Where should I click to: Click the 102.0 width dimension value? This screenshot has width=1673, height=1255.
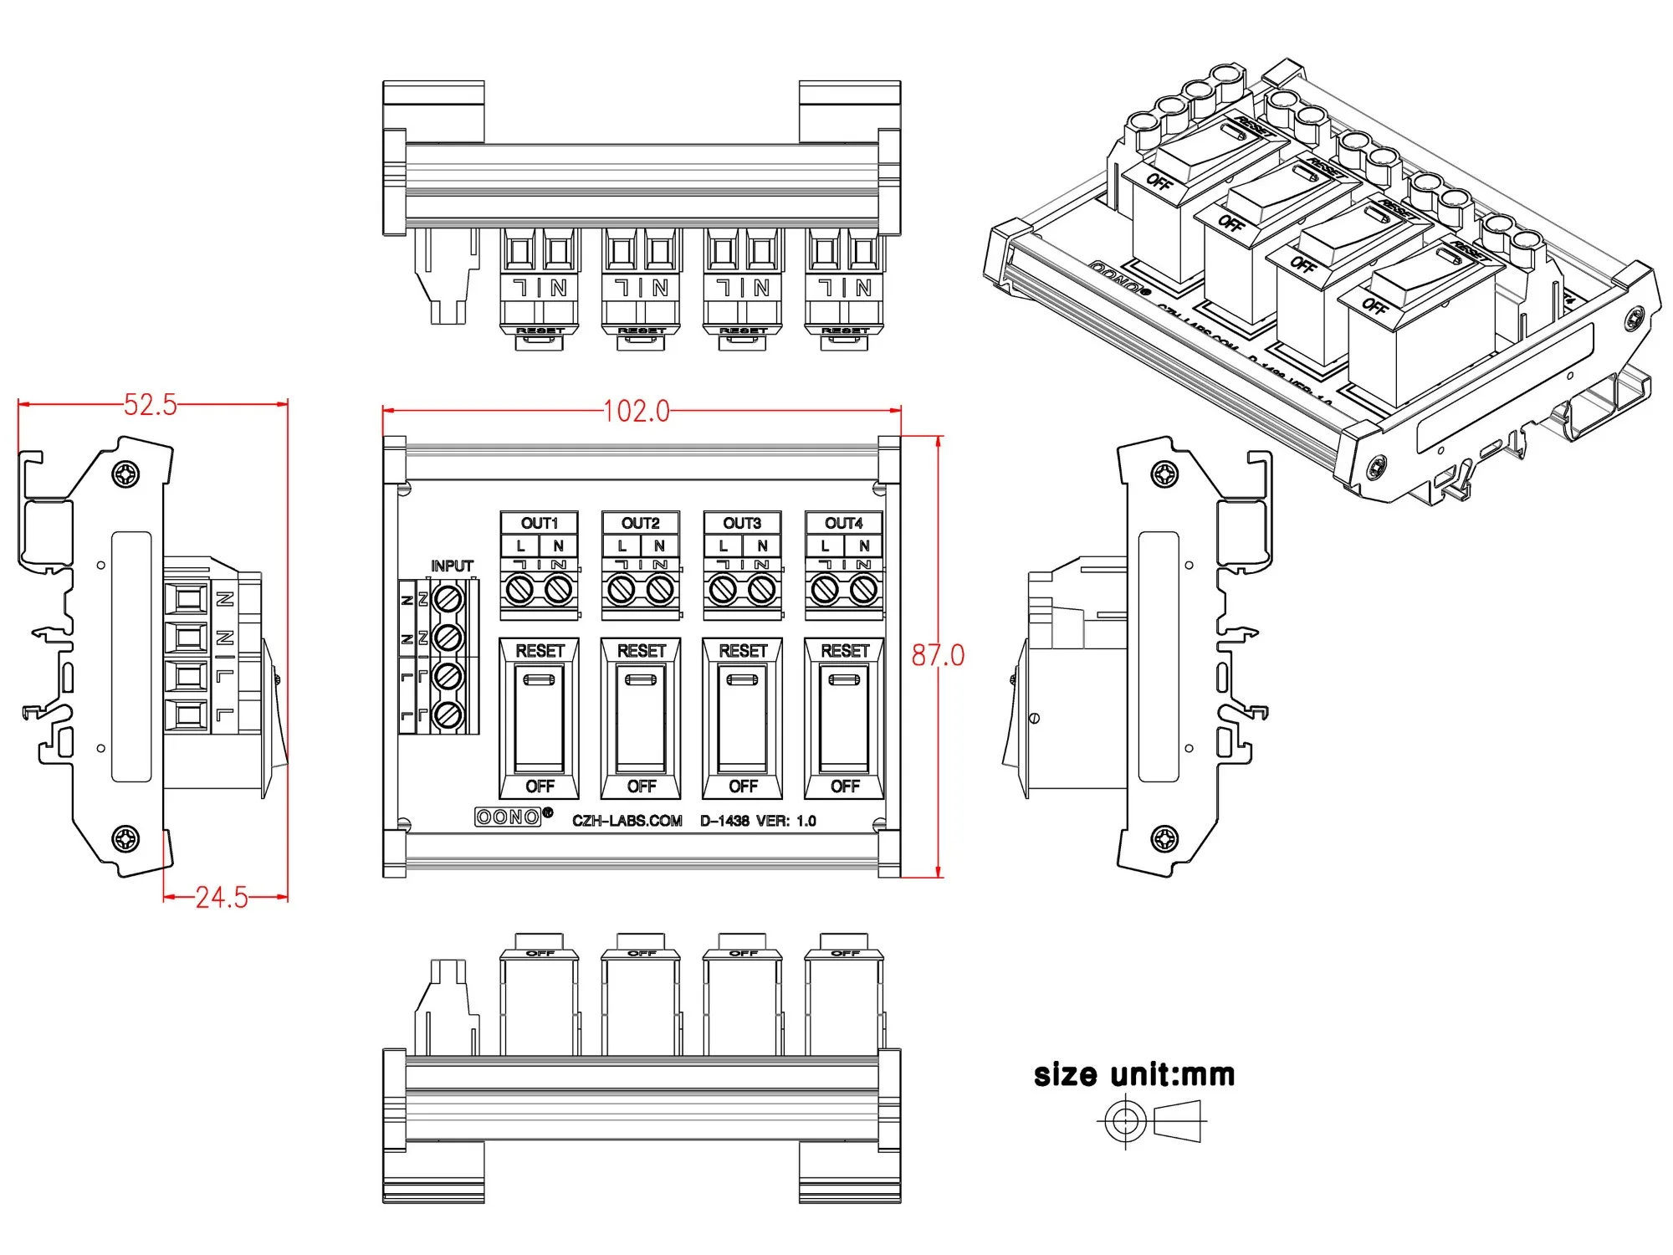(637, 411)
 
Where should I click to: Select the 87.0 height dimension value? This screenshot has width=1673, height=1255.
(938, 655)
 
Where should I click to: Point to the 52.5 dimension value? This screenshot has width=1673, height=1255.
(151, 405)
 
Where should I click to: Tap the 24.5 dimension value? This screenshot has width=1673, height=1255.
(222, 898)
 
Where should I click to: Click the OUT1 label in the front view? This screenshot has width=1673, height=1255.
(540, 524)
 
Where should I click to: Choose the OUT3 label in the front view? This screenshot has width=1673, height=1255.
(742, 524)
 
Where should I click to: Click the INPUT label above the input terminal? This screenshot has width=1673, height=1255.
(452, 566)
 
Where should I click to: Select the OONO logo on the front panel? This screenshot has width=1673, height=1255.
(509, 817)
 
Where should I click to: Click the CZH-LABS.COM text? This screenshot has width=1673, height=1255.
(627, 821)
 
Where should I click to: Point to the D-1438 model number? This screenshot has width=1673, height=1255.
(724, 821)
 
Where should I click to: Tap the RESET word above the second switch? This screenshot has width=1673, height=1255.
(642, 651)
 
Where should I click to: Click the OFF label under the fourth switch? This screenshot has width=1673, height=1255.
(845, 786)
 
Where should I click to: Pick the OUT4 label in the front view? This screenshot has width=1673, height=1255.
(844, 524)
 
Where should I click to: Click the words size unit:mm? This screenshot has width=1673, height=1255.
(1133, 1075)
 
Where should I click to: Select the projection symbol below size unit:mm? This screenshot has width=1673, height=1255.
(1152, 1121)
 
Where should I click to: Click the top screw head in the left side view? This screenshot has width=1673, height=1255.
(126, 474)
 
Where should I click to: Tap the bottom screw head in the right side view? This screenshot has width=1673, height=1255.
(1164, 838)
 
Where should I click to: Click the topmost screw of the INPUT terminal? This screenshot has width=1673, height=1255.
(448, 599)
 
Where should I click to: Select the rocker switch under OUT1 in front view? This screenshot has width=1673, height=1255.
(540, 718)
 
